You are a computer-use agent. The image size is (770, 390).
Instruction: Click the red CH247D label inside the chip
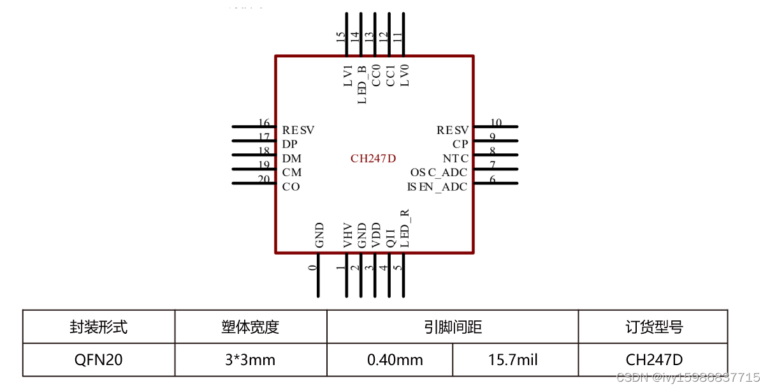point(373,159)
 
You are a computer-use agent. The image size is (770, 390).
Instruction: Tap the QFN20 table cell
point(98,360)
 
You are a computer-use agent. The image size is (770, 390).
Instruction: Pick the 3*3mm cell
point(250,360)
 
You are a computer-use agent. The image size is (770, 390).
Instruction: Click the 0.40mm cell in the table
point(395,360)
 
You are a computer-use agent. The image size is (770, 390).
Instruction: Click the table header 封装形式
point(98,327)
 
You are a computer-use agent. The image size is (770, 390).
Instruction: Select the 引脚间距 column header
point(453,327)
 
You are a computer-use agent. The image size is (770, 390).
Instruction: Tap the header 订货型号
point(653,327)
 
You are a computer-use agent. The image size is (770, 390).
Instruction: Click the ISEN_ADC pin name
point(437,187)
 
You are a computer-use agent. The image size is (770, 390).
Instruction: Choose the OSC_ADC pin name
point(439,173)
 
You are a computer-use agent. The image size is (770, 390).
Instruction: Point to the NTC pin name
point(455,159)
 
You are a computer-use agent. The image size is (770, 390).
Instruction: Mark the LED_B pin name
point(361,84)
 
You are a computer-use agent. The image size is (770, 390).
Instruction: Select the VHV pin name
point(347,236)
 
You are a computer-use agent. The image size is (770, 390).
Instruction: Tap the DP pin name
point(289,145)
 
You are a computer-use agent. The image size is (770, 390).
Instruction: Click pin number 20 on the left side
point(264,179)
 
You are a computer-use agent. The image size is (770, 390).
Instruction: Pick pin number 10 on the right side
point(495,123)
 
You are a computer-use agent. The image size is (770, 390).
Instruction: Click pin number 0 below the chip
point(312,267)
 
